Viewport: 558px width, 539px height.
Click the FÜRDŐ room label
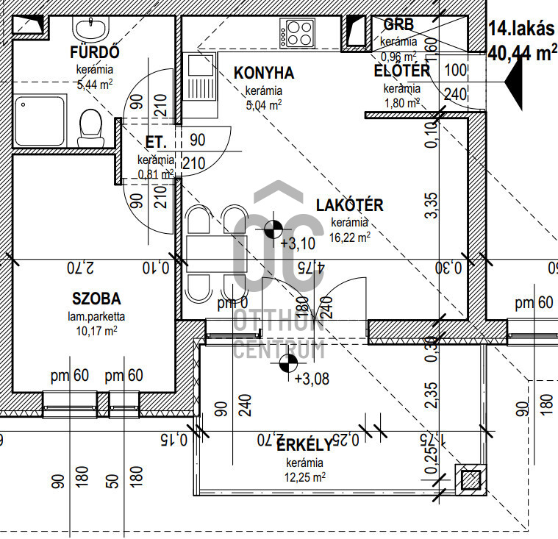94,53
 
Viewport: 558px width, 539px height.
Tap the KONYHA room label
264,73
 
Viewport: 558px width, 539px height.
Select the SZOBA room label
96,299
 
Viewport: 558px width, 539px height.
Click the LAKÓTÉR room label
350,205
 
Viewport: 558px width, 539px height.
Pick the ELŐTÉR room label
401,71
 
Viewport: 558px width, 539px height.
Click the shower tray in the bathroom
37,120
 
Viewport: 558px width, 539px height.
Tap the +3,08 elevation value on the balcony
312,379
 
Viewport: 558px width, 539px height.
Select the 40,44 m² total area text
521,53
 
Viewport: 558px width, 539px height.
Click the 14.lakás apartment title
521,29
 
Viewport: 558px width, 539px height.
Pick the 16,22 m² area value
350,237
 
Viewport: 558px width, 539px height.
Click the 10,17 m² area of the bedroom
96,330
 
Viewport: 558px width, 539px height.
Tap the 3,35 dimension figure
432,206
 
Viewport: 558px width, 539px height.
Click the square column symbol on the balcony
469,480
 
